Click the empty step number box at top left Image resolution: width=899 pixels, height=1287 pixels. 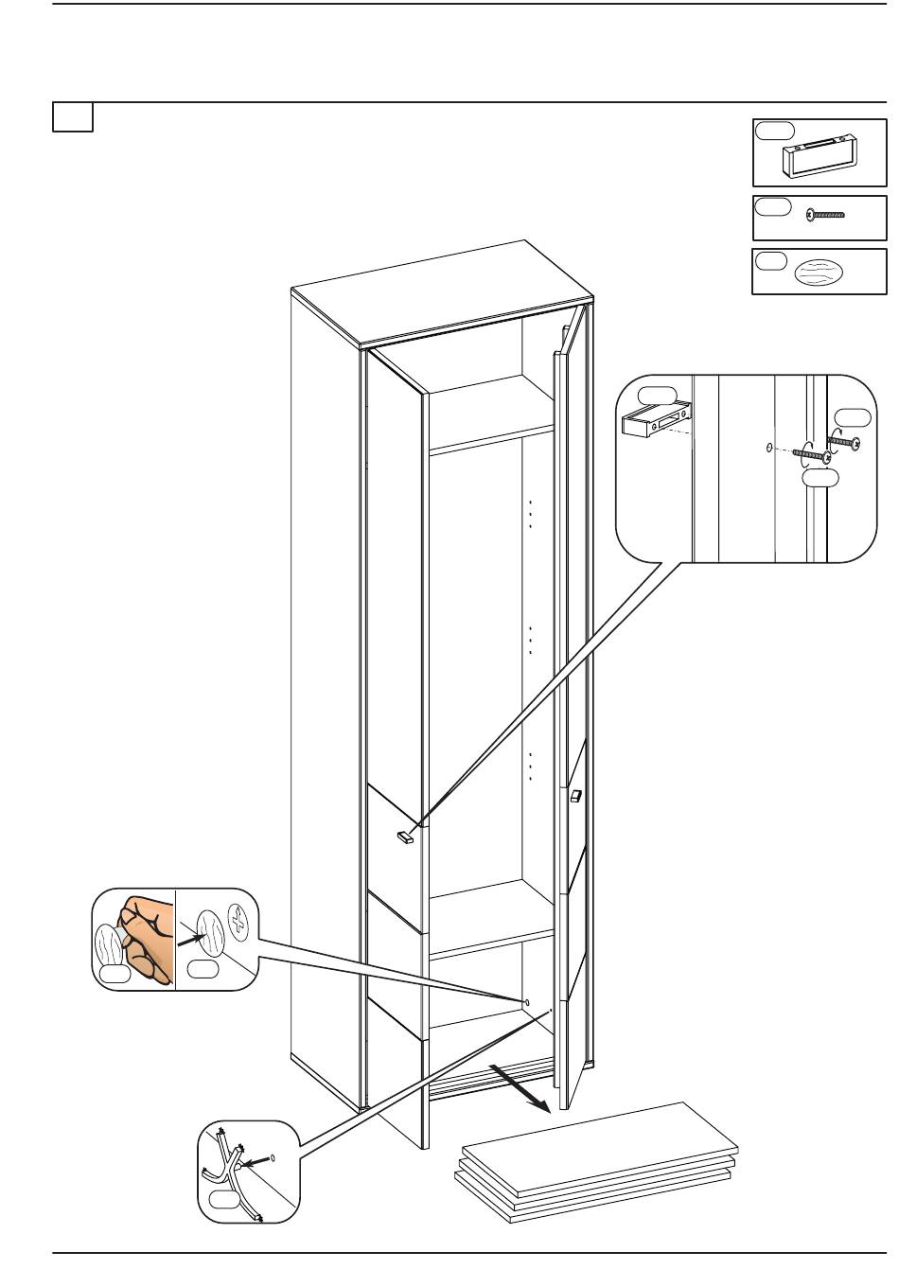72,117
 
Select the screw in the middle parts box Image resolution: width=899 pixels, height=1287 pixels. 825,215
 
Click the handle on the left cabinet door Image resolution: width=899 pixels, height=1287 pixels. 405,836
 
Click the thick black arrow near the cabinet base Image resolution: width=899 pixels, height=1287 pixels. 520,1087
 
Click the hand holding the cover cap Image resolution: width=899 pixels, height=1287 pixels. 142,937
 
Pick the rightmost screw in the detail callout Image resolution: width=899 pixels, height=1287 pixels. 845,440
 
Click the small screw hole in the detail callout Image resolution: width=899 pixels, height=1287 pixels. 768,447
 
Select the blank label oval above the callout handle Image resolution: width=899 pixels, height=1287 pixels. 658,395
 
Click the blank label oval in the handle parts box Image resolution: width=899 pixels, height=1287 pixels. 774,131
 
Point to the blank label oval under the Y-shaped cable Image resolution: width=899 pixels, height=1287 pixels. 225,1199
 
